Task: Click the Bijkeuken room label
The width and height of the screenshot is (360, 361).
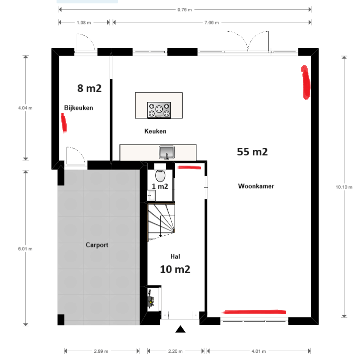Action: [79, 108]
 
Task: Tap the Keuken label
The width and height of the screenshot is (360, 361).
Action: [155, 131]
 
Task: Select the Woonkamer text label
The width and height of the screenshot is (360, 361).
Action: [256, 186]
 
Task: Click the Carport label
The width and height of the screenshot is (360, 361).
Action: [97, 245]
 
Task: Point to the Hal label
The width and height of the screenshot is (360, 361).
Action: [175, 256]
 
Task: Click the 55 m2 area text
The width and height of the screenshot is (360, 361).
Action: [252, 151]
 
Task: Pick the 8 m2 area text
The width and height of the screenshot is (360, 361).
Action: [89, 88]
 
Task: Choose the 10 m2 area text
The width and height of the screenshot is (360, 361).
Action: [175, 269]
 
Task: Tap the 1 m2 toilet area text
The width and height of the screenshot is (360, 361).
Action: [160, 187]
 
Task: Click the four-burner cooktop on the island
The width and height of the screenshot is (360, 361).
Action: [159, 109]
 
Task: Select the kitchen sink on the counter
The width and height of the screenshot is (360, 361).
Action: [166, 151]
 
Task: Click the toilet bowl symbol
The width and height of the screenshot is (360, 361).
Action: [160, 175]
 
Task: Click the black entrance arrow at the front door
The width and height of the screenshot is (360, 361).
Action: [180, 329]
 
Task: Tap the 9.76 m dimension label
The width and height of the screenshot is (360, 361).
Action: [184, 9]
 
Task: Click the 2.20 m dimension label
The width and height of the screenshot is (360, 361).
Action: [176, 351]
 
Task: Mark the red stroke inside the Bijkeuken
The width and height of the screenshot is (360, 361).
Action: [64, 122]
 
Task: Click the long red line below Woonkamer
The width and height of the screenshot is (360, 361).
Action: [254, 312]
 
